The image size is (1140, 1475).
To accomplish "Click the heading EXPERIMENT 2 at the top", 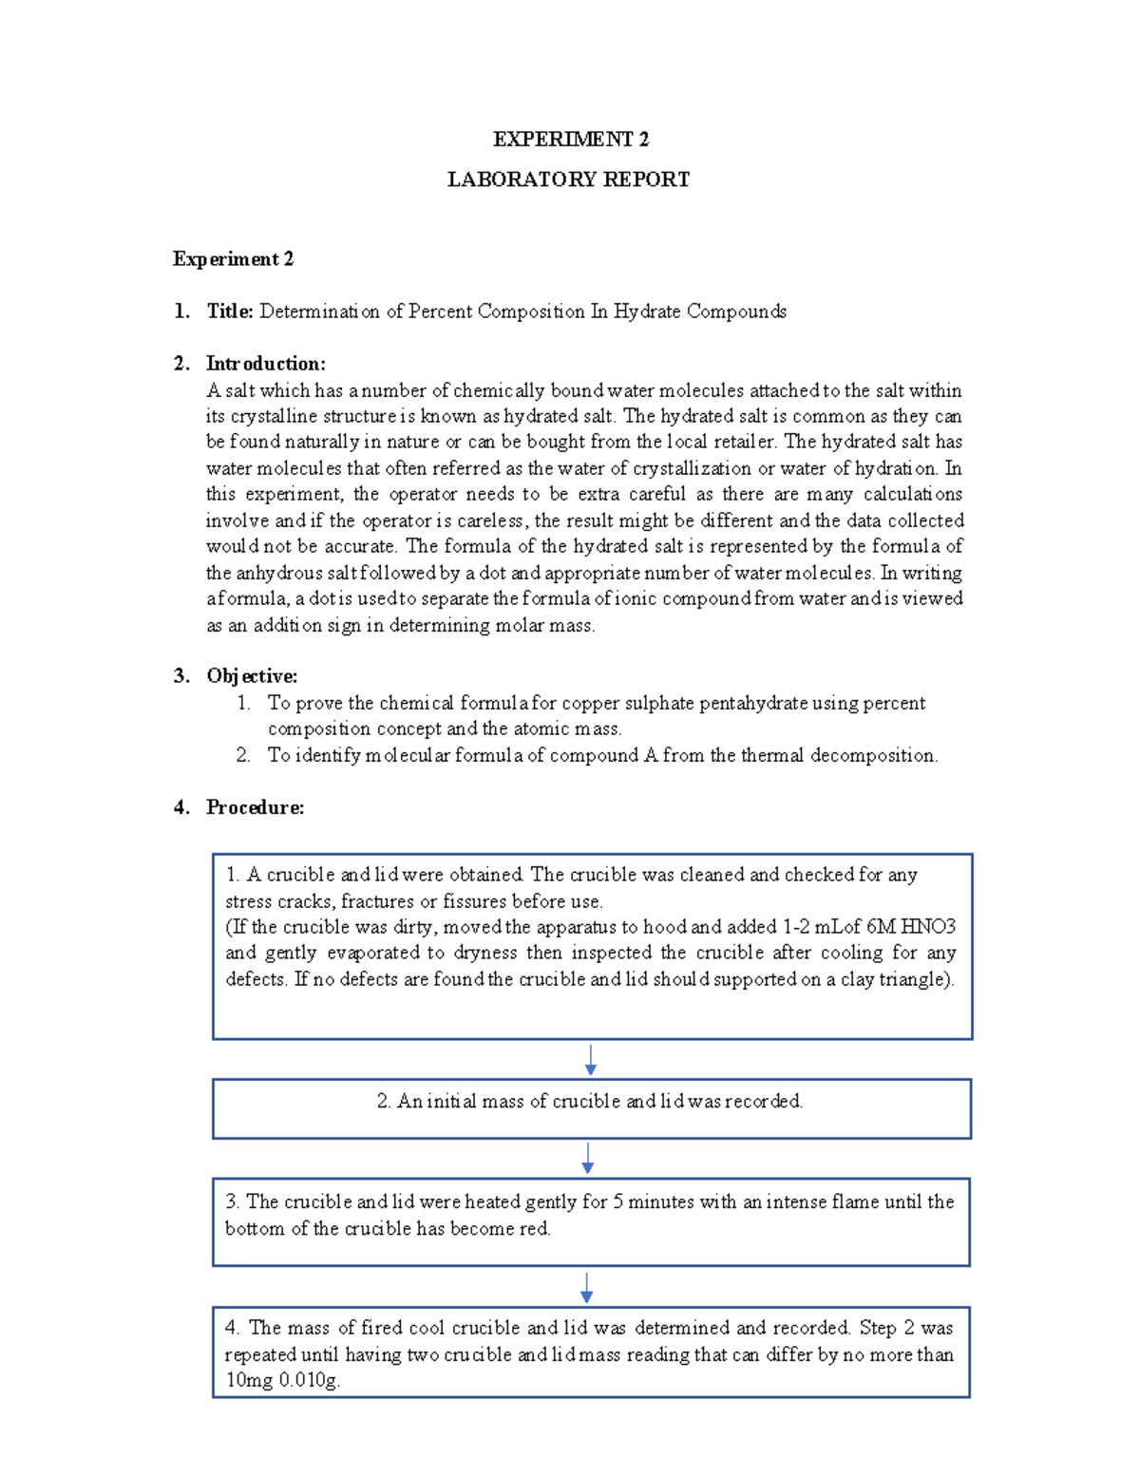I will pyautogui.click(x=570, y=140).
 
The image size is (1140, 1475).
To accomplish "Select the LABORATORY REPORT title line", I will pyautogui.click(x=568, y=180).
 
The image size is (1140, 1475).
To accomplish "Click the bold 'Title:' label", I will pyautogui.click(x=230, y=312).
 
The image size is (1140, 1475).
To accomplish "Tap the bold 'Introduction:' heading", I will pyautogui.click(x=266, y=364).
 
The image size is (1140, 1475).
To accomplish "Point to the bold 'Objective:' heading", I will pyautogui.click(x=252, y=676).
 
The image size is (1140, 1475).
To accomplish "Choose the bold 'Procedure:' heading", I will pyautogui.click(x=255, y=807).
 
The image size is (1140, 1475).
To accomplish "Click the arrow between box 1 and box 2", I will pyautogui.click(x=590, y=1059).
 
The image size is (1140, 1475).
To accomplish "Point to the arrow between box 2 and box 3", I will pyautogui.click(x=588, y=1158).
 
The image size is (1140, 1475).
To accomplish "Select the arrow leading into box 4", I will pyautogui.click(x=587, y=1287).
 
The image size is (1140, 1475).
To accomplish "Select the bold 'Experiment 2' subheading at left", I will pyautogui.click(x=233, y=259).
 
